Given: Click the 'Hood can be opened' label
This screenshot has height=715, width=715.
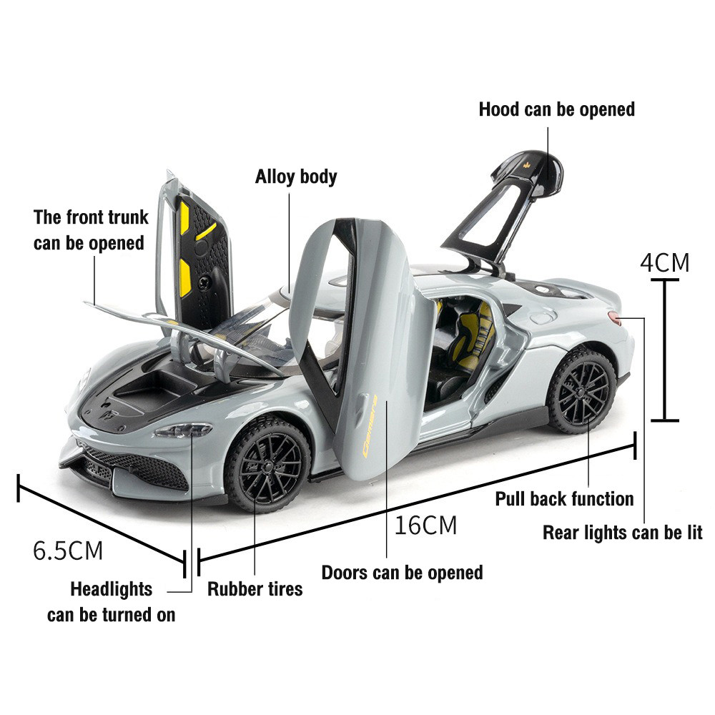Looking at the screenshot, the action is point(556,109).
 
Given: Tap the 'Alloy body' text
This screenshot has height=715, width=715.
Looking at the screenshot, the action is point(296,177).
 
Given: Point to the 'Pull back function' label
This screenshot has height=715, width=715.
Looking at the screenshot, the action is point(564,498).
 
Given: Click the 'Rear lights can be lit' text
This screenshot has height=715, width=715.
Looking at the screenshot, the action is point(622,533).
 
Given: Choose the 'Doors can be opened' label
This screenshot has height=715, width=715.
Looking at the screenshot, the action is point(402,573).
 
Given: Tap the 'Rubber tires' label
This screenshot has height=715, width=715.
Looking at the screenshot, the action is point(255,589).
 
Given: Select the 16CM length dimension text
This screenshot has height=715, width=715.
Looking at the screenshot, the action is point(425,526).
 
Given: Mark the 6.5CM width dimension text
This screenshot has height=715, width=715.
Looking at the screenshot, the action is point(68,551).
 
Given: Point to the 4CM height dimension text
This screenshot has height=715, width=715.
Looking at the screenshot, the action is point(664,263).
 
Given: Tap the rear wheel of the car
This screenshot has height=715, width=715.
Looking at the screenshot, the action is point(581,392).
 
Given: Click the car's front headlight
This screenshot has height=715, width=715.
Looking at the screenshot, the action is point(184,430).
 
